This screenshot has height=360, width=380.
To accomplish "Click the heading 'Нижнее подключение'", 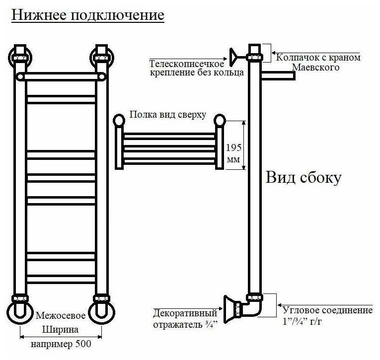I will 87,15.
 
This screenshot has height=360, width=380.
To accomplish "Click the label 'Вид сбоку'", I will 304,177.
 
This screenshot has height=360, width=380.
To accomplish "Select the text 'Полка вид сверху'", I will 167,115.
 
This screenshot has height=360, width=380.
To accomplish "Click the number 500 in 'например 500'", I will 81,344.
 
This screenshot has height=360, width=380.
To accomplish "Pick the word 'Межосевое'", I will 61,316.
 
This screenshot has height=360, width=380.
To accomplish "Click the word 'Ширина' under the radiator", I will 61,330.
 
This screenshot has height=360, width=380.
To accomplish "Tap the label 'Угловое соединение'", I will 327,310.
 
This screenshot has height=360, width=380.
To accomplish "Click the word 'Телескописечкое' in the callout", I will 187,64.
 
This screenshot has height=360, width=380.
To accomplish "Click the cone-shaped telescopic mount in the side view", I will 232,55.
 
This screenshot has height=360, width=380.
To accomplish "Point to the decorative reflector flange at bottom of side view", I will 229,308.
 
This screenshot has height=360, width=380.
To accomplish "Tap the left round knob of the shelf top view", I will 119,120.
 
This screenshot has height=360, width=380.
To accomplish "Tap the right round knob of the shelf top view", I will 220,120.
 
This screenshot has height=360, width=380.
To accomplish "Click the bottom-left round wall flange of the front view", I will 19,310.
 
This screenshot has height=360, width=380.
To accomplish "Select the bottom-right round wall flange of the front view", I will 101,310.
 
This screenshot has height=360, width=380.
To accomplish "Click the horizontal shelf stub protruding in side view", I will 278,75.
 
